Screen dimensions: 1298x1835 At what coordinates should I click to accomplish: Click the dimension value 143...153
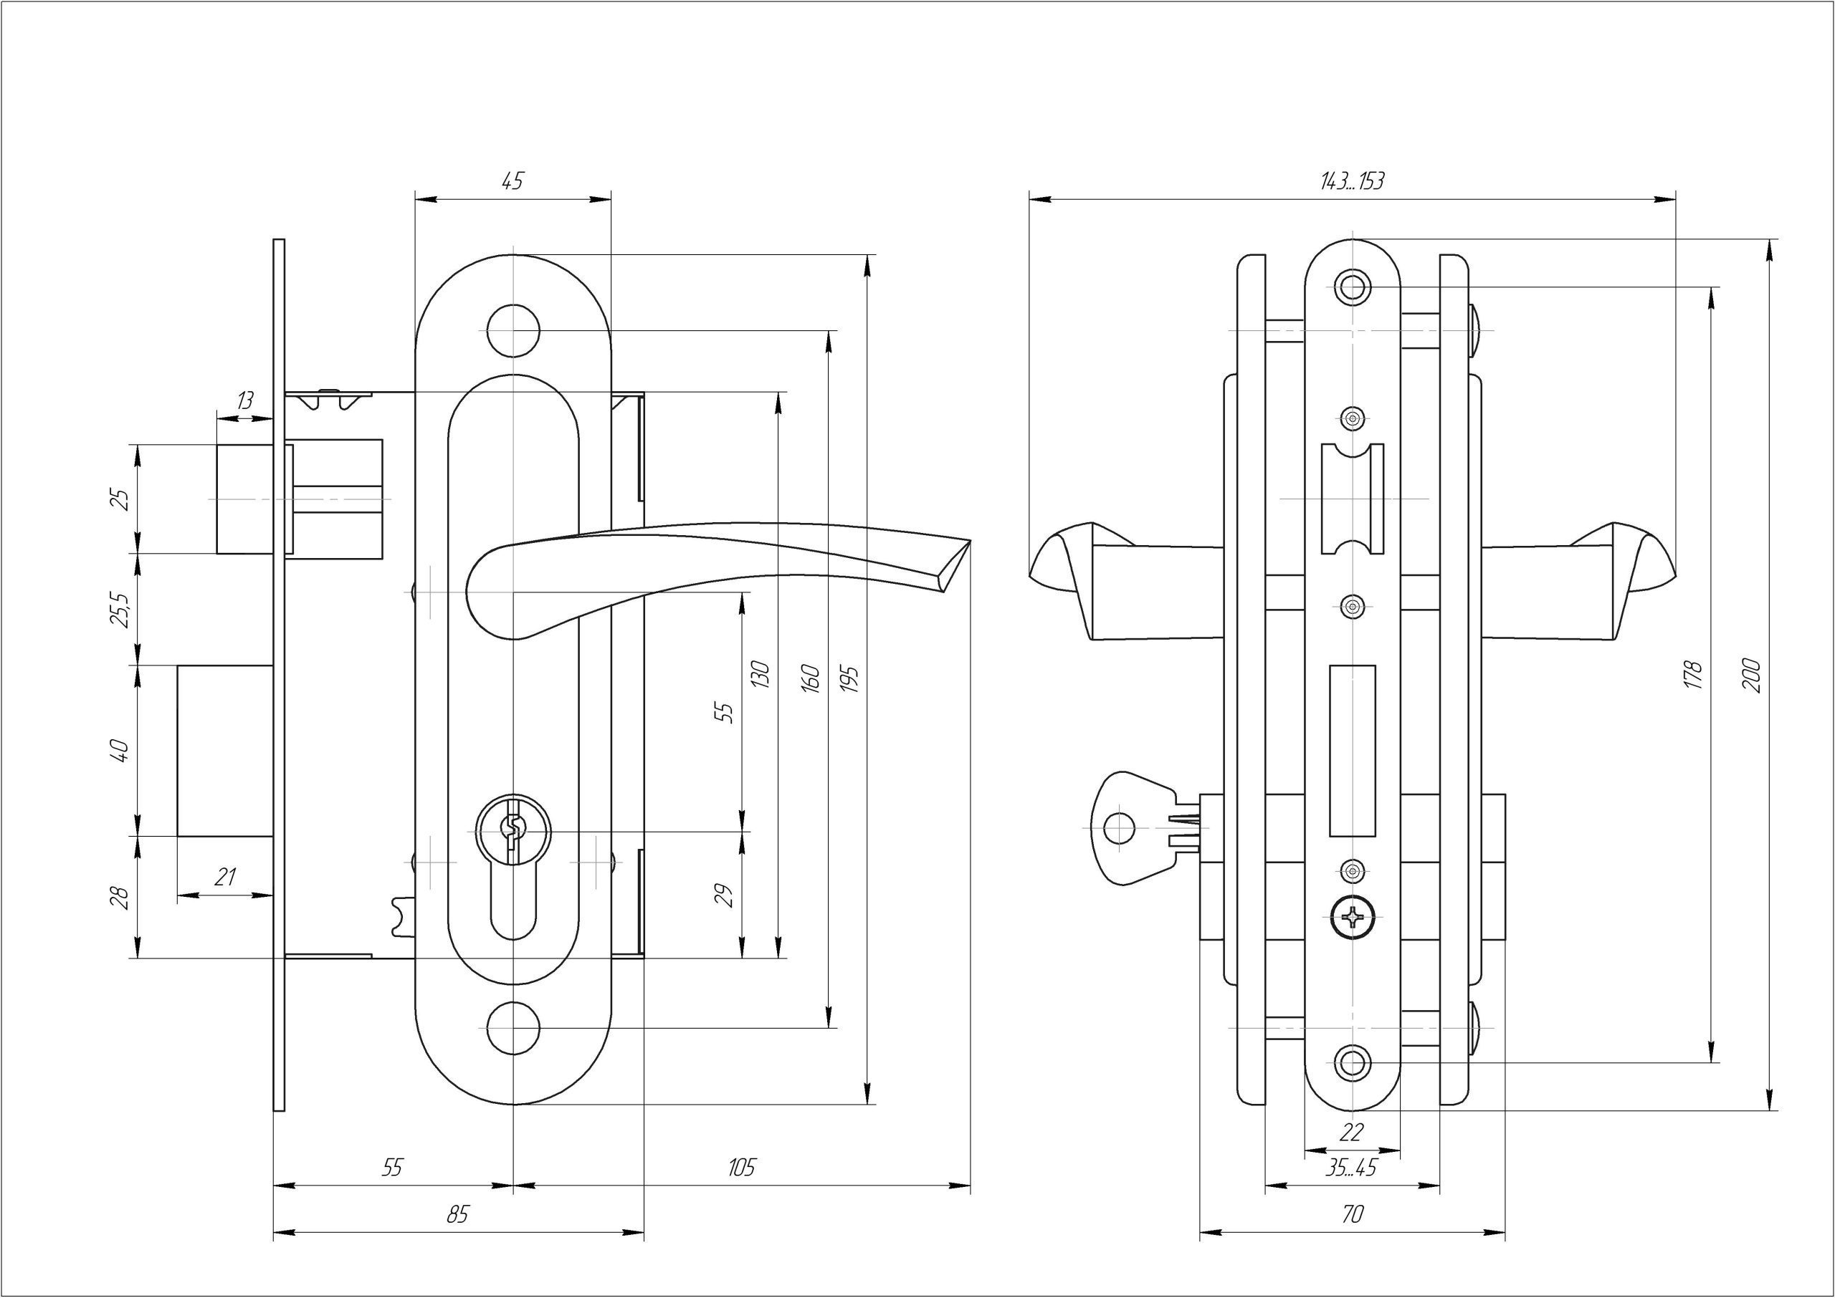[1351, 181]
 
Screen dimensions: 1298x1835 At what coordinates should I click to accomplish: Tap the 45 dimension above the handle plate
[513, 181]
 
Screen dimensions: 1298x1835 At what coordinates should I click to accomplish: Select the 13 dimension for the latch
[245, 400]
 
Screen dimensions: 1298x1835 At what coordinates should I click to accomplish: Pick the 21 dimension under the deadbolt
[226, 878]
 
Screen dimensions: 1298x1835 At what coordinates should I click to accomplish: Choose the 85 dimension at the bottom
[457, 1215]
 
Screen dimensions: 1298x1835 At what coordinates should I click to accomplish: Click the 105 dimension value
[741, 1168]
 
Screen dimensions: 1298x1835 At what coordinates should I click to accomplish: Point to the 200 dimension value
[1751, 676]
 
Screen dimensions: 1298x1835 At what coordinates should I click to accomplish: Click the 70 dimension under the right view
[1351, 1215]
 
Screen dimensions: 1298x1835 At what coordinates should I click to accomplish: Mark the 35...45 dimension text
[1351, 1168]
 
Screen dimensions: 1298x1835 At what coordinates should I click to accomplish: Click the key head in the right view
[1123, 827]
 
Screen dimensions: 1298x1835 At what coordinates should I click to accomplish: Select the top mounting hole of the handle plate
[513, 330]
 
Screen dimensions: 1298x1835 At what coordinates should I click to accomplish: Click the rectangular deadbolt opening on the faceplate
[1352, 751]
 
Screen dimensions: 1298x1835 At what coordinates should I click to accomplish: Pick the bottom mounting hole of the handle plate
[513, 1028]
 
